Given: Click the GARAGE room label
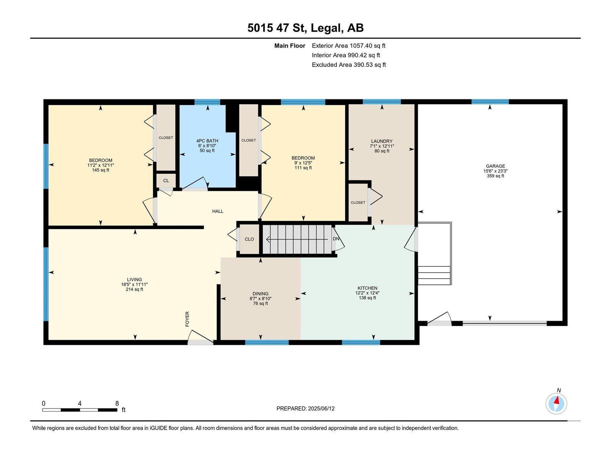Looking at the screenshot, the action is pyautogui.click(x=495, y=166).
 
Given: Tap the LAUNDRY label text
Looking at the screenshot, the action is pyautogui.click(x=381, y=141).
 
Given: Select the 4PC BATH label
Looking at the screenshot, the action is pyautogui.click(x=207, y=141).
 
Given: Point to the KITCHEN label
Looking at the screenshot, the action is pyautogui.click(x=367, y=288).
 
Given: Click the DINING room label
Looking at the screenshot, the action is pyautogui.click(x=260, y=294).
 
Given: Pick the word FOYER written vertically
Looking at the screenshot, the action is pyautogui.click(x=188, y=319).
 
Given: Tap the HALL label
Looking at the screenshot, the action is pyautogui.click(x=218, y=211).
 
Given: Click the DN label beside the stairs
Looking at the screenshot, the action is pyautogui.click(x=336, y=239).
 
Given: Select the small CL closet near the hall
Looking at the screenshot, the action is pyautogui.click(x=166, y=181).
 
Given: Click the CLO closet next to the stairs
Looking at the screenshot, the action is pyautogui.click(x=249, y=239).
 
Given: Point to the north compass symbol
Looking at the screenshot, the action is pyautogui.click(x=556, y=403).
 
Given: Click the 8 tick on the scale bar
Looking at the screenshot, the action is pyautogui.click(x=117, y=403).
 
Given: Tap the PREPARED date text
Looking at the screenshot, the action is pyautogui.click(x=305, y=408).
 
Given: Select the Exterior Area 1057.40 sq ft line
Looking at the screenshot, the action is pyautogui.click(x=349, y=45).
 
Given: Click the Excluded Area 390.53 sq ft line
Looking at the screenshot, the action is pyautogui.click(x=349, y=65).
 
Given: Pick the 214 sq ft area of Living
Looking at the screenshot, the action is pyautogui.click(x=134, y=289).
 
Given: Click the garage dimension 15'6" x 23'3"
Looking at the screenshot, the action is pyautogui.click(x=495, y=171).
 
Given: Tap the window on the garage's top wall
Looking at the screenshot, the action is pyautogui.click(x=490, y=102).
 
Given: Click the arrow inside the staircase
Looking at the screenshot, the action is pyautogui.click(x=297, y=239).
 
